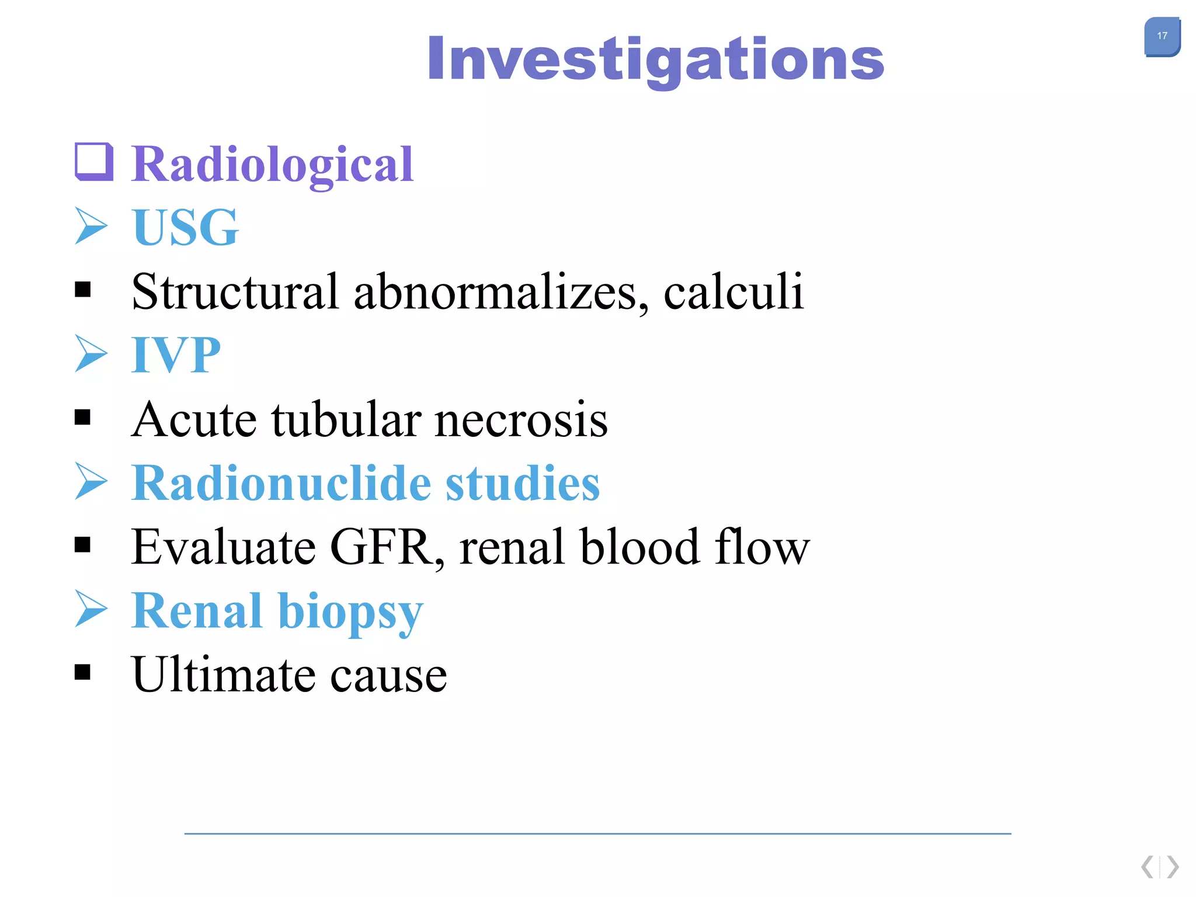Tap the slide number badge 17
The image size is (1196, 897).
click(x=1162, y=36)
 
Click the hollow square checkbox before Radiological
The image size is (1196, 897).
click(x=93, y=161)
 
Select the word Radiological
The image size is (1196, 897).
click(x=273, y=165)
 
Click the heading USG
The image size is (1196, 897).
click(x=186, y=227)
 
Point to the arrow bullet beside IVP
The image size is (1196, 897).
click(x=91, y=353)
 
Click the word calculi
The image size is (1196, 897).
click(x=733, y=291)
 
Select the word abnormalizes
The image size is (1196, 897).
click(x=500, y=291)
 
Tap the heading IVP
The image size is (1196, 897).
click(x=176, y=354)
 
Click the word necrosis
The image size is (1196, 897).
click(x=521, y=419)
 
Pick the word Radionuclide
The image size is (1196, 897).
click(x=281, y=483)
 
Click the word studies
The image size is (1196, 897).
click(x=523, y=483)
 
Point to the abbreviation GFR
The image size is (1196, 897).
click(x=386, y=547)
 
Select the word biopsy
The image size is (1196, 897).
click(x=350, y=612)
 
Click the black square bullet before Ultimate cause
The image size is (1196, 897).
click(x=83, y=672)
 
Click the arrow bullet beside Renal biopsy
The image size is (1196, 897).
click(x=91, y=609)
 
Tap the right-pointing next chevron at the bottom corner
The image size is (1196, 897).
click(x=1173, y=867)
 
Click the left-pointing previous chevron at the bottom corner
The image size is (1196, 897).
click(x=1148, y=867)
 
